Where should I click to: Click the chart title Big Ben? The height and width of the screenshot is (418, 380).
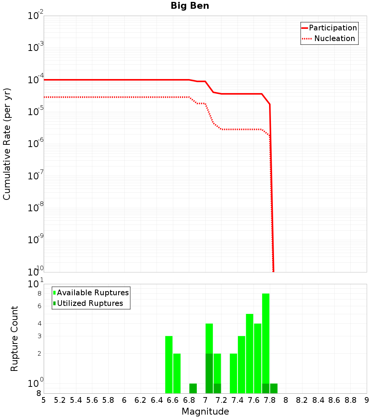pyautogui.click(x=190, y=6)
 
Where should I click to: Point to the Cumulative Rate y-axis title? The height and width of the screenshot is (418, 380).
pyautogui.click(x=7, y=144)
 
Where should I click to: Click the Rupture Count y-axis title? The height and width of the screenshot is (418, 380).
pyautogui.click(x=14, y=339)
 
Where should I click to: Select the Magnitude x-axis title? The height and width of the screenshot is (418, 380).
pyautogui.click(x=205, y=411)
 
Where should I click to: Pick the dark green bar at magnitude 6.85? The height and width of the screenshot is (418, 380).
pyautogui.click(x=193, y=388)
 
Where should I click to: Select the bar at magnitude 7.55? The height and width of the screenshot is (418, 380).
pyautogui.click(x=250, y=353)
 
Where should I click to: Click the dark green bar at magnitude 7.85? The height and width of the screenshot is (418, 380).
pyautogui.click(x=274, y=388)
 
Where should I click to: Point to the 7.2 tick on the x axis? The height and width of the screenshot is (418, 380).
pyautogui.click(x=221, y=400)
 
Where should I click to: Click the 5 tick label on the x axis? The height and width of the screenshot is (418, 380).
pyautogui.click(x=44, y=400)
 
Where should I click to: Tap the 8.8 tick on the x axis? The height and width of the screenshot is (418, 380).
pyautogui.click(x=350, y=400)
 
